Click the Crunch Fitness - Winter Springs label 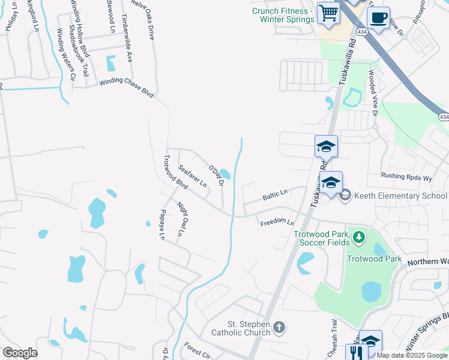pos(283,15)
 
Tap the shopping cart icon pos(329,13)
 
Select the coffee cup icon pos(378,17)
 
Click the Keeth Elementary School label pos(400,196)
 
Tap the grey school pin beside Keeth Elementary pos(345,195)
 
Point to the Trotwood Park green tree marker pos(359,238)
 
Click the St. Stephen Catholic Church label pos(240,328)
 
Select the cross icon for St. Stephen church pos(278,328)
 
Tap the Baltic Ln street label pos(275,196)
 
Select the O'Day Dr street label pos(216,173)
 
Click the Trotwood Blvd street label pos(175,172)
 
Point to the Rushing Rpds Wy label pos(406,177)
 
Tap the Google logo pos(20,353)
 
